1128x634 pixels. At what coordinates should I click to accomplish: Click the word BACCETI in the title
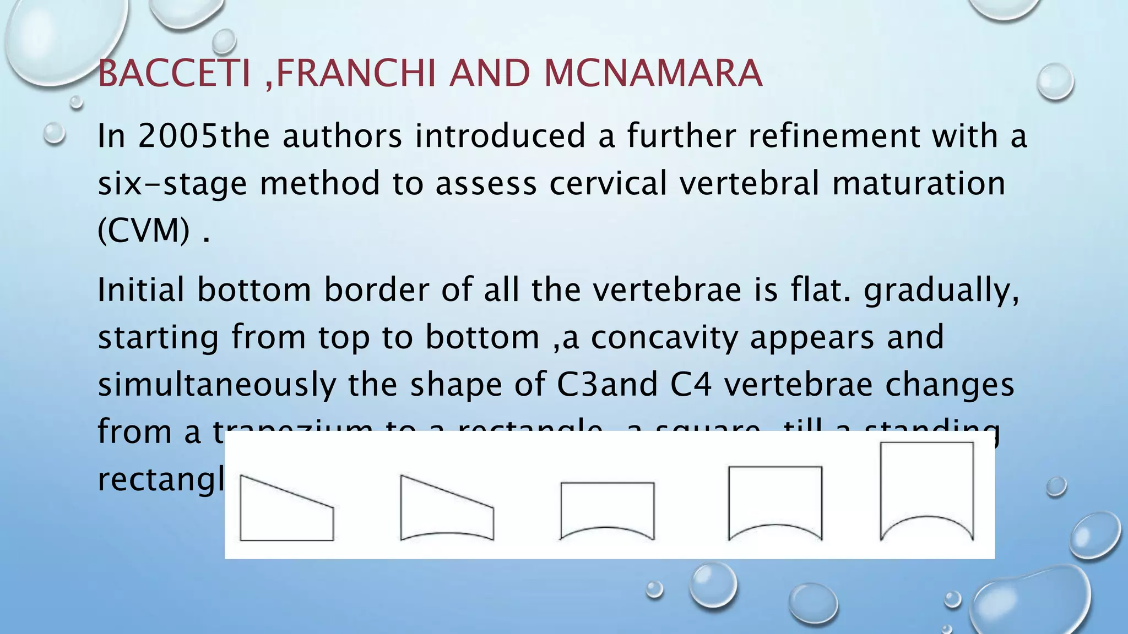pyautogui.click(x=174, y=74)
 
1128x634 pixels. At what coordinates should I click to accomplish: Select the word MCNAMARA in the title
pyautogui.click(x=653, y=74)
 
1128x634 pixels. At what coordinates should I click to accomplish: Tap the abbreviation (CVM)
pyautogui.click(x=144, y=230)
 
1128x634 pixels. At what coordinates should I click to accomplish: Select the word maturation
pyautogui.click(x=919, y=184)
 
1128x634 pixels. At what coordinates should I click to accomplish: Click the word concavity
pyautogui.click(x=664, y=337)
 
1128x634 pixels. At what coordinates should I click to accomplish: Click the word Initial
pyautogui.click(x=140, y=289)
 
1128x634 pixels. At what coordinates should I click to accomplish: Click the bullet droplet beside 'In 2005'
pyautogui.click(x=54, y=133)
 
